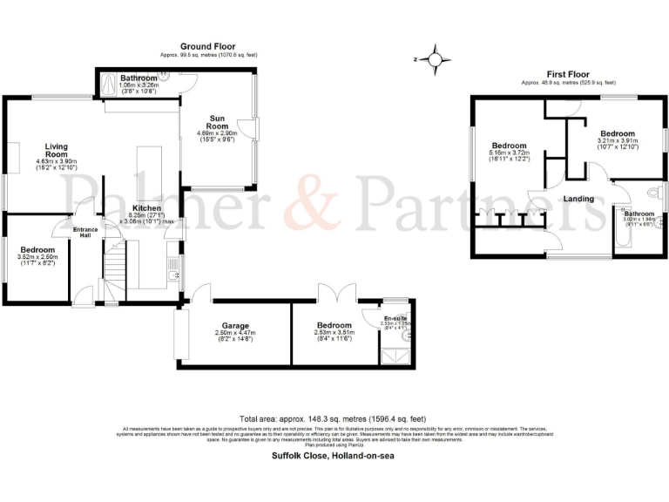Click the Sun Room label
(218, 121)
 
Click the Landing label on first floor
(578, 199)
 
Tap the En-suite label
(396, 319)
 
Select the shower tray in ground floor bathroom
(108, 85)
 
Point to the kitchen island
(144, 174)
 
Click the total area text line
(334, 417)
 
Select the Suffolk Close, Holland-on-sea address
(334, 455)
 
